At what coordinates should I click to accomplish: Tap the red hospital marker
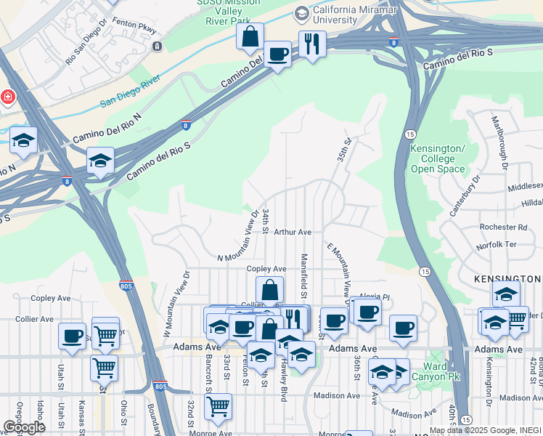click(6, 97)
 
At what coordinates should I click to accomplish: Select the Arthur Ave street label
click(293, 233)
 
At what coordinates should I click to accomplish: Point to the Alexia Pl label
click(376, 297)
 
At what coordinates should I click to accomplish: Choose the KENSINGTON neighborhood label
click(508, 279)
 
